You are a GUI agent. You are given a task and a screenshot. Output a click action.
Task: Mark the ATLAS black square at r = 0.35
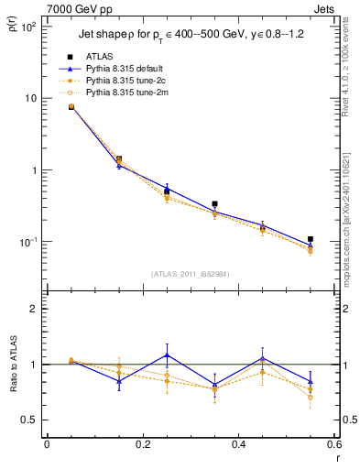(x=214, y=204)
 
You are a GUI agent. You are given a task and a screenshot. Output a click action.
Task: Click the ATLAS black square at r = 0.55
(x=311, y=239)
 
